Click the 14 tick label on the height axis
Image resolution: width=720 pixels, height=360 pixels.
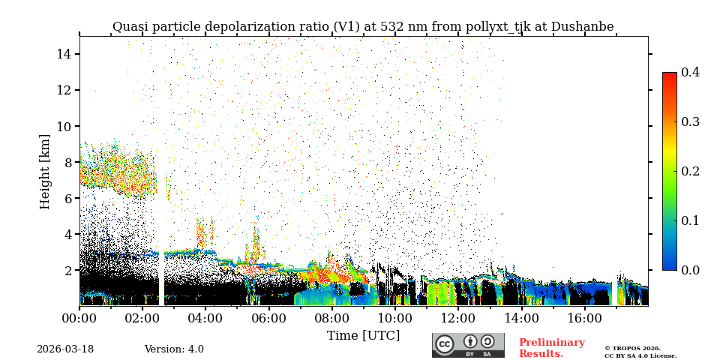pos(63,54)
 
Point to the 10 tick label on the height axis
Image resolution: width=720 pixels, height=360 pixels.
pos(63,126)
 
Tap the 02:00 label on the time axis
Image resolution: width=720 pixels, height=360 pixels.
pos(142,318)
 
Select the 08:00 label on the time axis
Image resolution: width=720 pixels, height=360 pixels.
pos(331,318)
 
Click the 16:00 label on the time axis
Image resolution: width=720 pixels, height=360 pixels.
pos(584,318)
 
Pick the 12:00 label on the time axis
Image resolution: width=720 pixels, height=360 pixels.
pos(458,318)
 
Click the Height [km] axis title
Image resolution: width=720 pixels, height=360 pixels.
pos(45,171)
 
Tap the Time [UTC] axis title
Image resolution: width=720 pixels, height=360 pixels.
pos(363,335)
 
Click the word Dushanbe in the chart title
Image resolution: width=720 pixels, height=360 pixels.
pos(582,27)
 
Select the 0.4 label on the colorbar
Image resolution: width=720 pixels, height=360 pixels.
pos(690,72)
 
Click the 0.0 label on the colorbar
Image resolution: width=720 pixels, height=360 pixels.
pos(690,270)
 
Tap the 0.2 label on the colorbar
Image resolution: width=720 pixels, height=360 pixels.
pos(690,171)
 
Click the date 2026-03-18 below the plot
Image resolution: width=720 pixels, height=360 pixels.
pos(65,349)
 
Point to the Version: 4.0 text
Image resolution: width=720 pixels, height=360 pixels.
pos(174,349)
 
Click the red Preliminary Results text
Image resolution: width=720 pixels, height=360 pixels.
pos(551,348)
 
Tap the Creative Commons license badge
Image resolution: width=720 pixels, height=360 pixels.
pos(468,345)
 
